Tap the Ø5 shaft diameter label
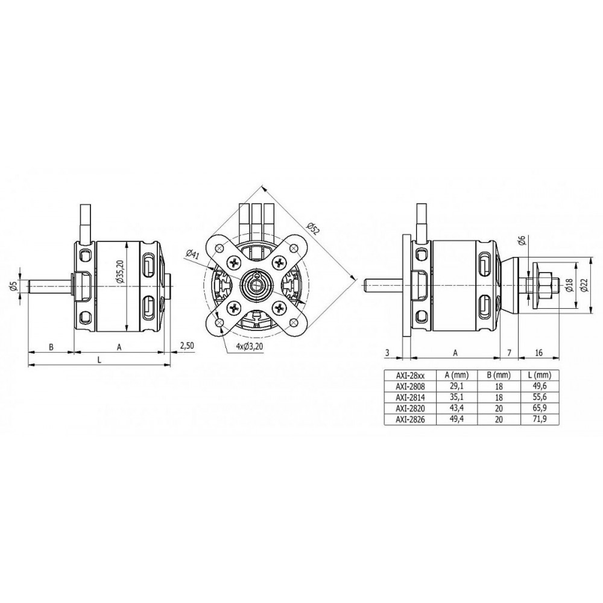click(14, 286)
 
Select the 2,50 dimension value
click(187, 346)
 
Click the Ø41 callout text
click(192, 254)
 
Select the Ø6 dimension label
click(522, 241)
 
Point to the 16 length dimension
click(538, 352)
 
